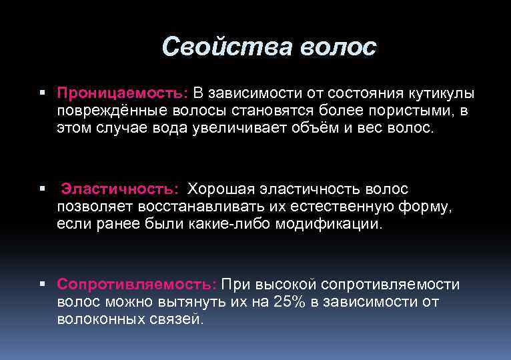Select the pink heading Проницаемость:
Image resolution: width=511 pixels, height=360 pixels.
coord(123,93)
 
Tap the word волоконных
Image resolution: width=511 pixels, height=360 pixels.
coord(101,319)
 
